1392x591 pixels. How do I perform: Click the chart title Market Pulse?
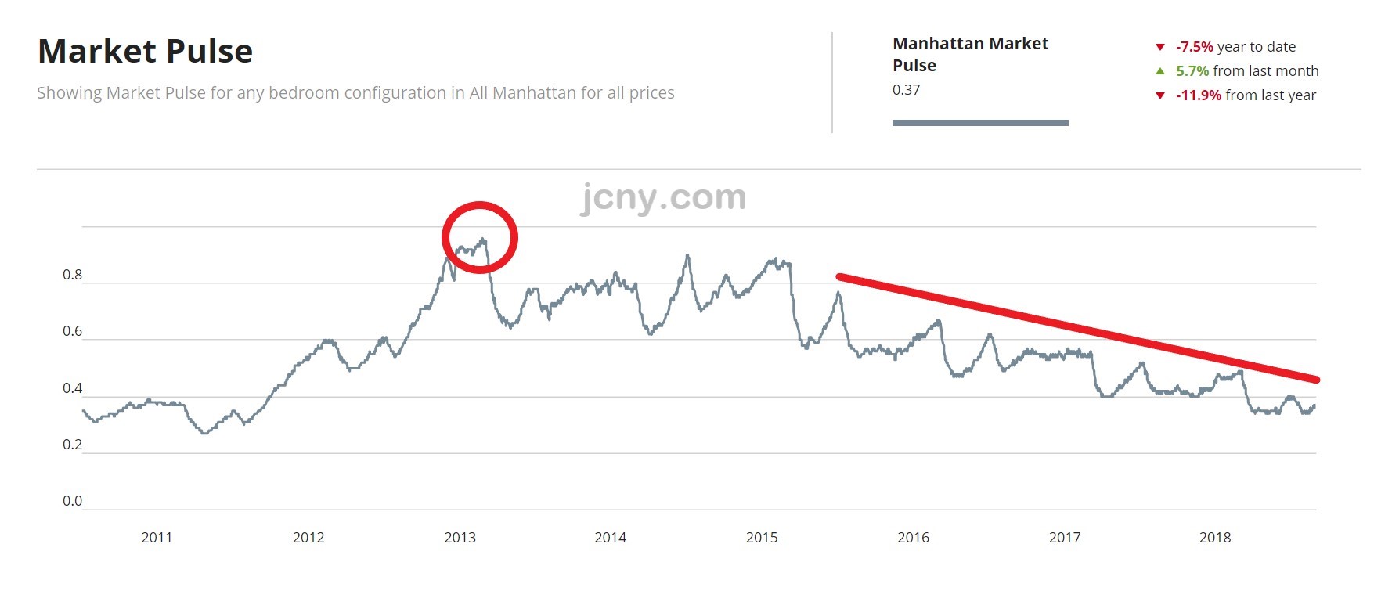145,52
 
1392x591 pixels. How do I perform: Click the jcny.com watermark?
662,197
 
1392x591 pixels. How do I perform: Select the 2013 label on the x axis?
460,538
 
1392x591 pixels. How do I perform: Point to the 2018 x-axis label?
1215,538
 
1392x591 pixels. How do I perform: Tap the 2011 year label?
157,538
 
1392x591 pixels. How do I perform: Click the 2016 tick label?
913,538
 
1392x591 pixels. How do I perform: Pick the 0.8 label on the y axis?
72,275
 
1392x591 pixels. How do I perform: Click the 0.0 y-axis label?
72,501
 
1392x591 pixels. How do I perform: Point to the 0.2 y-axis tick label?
72,445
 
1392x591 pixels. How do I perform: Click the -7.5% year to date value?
1194,47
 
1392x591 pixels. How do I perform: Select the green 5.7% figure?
1192,71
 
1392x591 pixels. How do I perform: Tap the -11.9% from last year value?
1198,95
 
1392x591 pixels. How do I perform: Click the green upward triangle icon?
1160,71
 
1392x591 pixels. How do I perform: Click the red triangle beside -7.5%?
1160,47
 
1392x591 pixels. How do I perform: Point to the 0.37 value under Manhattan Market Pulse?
906,90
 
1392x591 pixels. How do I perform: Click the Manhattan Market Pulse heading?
970,54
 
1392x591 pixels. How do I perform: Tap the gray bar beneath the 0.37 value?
980,123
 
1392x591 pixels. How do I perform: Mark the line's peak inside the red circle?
483,240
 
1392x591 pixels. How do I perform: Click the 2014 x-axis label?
610,538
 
